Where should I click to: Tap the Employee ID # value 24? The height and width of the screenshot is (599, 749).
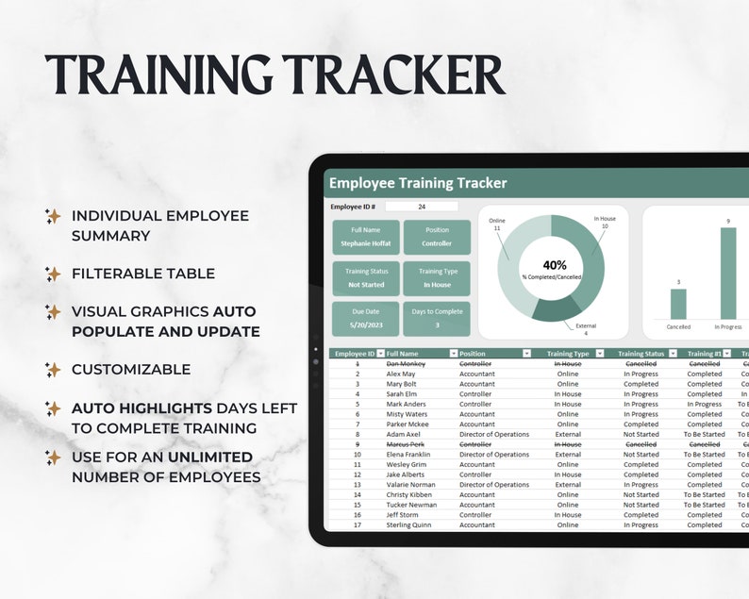pos(421,207)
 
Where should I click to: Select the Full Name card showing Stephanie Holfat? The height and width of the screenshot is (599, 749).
pos(365,238)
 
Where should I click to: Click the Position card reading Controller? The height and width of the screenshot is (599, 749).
pos(437,238)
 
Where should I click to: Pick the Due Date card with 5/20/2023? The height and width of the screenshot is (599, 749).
pos(365,319)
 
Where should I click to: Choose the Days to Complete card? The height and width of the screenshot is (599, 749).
pos(437,319)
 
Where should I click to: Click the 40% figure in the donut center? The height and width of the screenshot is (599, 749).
pos(555,266)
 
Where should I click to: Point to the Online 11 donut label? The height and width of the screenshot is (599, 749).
pos(496,225)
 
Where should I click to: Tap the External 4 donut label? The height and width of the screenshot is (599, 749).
pos(584,329)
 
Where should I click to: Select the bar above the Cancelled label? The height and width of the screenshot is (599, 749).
pos(678,304)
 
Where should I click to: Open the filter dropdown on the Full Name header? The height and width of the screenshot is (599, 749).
pos(449,354)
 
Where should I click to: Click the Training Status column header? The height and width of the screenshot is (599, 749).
pos(641,354)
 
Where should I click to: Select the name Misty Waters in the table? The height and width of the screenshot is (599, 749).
pos(407,414)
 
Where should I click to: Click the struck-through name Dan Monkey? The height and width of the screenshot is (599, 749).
pos(405,363)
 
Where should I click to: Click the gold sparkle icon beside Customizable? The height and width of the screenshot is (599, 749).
pos(53,370)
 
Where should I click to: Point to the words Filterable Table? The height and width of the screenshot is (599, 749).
pos(143,274)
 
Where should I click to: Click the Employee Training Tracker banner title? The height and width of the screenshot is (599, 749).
pos(418,183)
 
